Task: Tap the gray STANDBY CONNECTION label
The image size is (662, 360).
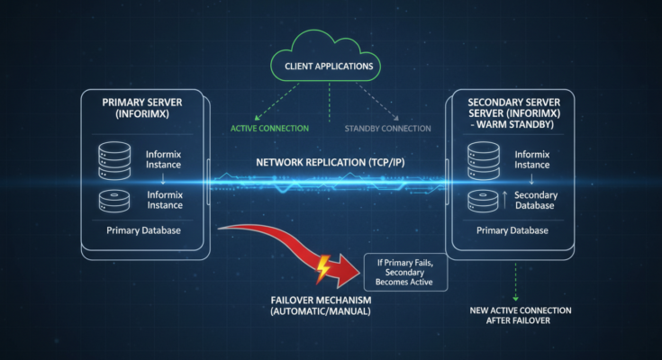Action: pos(386,127)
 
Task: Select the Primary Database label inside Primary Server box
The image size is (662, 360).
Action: pos(144,231)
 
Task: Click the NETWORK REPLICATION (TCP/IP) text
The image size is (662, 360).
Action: pos(331,163)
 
